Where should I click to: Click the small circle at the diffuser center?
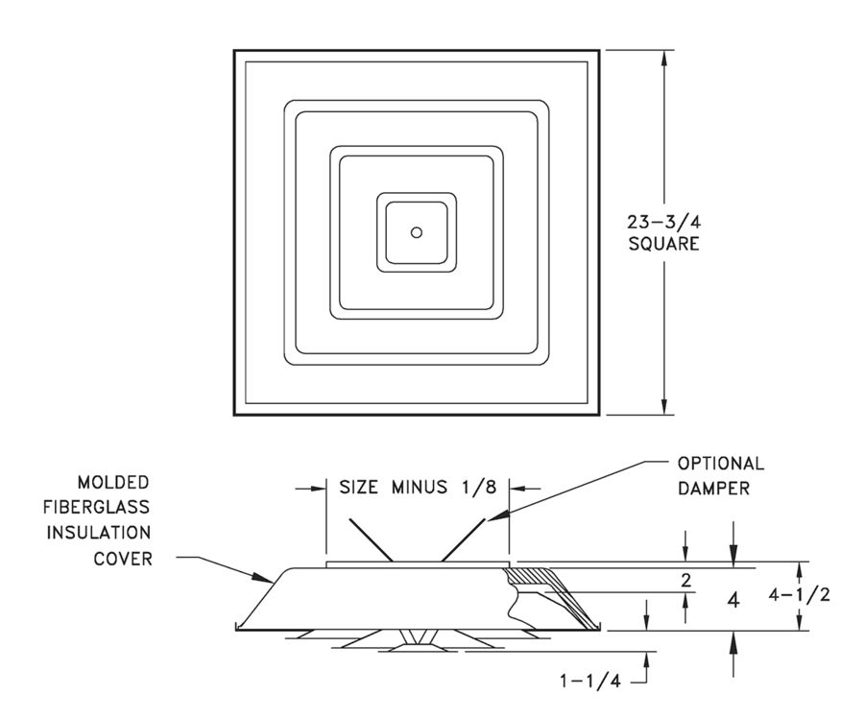click(416, 232)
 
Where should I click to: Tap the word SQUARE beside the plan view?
click(663, 244)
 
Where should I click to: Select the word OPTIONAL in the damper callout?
click(721, 463)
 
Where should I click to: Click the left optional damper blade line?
click(370, 540)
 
